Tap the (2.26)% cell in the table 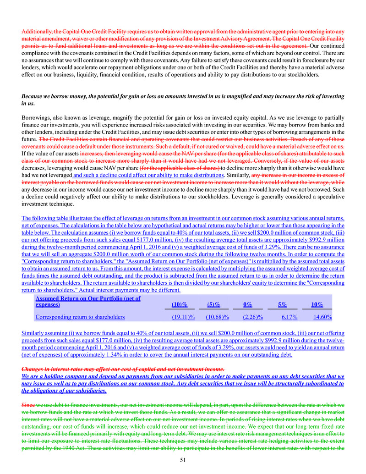[x=255, y=316]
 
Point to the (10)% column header [x=179, y=304]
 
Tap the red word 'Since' [x=29, y=405]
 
